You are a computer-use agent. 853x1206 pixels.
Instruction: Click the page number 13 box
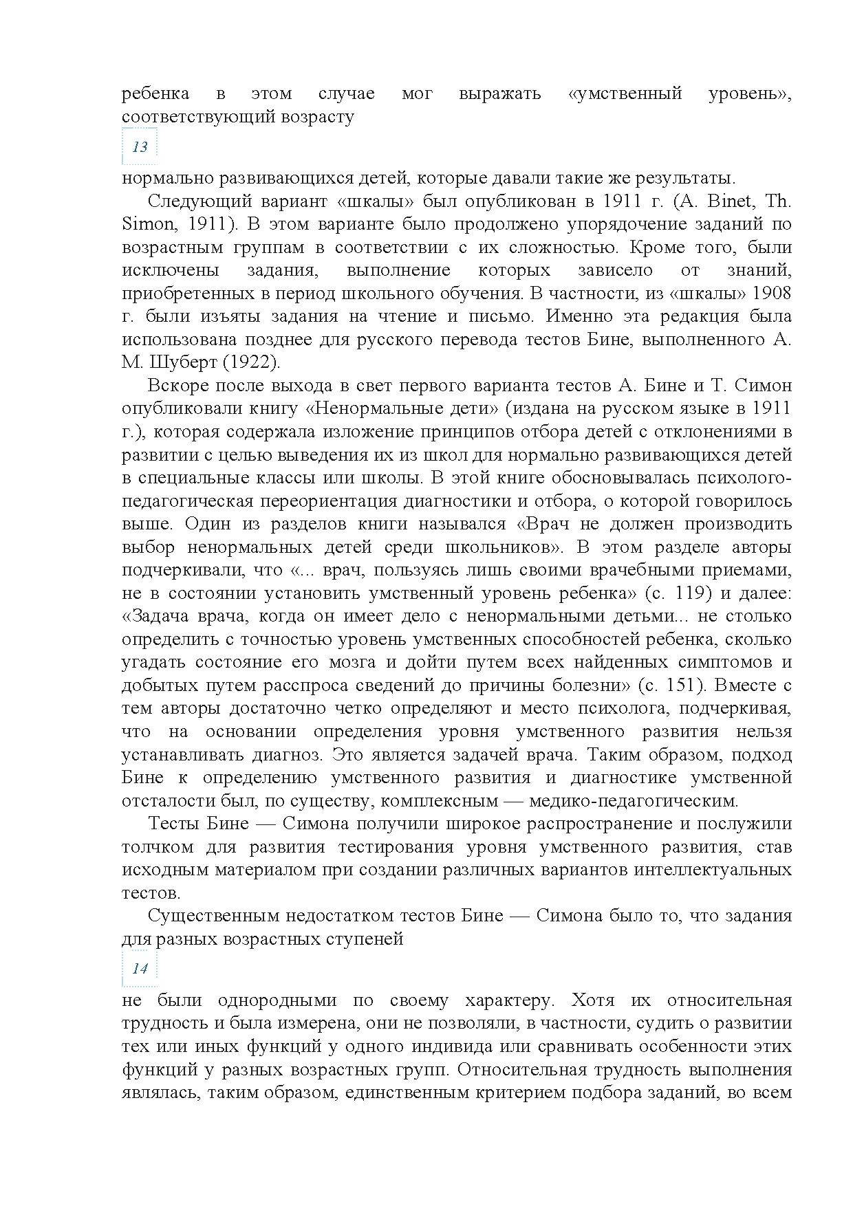point(140,147)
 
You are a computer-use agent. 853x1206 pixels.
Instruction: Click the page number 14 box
point(140,969)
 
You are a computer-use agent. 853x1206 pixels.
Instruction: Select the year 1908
point(772,294)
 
